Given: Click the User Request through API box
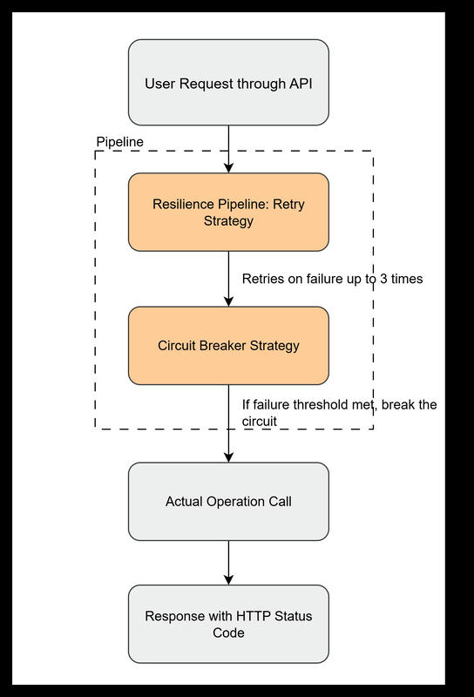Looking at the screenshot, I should tap(228, 83).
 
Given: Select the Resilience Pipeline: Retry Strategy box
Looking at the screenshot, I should tap(228, 213).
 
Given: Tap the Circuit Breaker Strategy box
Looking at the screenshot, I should tap(228, 345).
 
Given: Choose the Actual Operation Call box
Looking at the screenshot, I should tap(228, 501).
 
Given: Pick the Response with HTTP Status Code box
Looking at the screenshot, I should tap(228, 624).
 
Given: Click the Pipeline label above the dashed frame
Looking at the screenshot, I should tap(119, 140).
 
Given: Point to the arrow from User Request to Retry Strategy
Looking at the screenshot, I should tap(228, 148).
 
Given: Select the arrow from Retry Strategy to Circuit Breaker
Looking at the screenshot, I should tap(228, 279).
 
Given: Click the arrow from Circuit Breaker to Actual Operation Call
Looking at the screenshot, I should tap(228, 423).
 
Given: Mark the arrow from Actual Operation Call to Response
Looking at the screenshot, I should tap(228, 562).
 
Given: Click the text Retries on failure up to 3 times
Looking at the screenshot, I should tap(332, 279).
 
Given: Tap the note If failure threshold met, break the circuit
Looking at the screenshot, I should tap(338, 413).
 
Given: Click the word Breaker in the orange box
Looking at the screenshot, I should tap(227, 345).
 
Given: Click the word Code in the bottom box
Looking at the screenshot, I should tap(228, 633).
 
